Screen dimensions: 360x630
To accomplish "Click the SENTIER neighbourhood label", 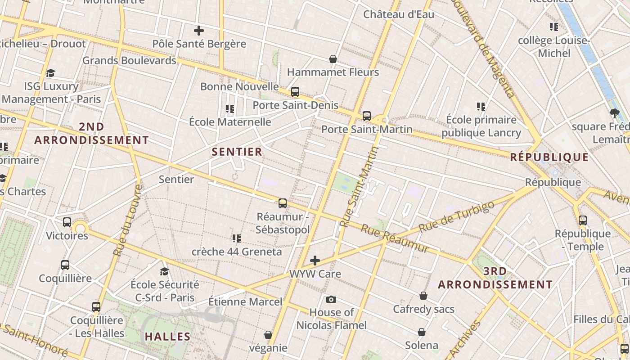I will coord(237,152).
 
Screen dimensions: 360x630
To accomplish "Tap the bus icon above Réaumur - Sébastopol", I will coord(283,203).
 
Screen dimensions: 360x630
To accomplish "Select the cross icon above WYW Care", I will coord(315,260).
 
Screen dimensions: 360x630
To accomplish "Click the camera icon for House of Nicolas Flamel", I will coord(331,299).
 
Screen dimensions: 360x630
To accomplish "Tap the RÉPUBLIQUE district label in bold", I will coord(549,157).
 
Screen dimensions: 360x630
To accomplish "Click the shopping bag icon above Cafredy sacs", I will coord(423,296).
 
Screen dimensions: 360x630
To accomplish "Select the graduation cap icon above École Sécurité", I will coord(165,271).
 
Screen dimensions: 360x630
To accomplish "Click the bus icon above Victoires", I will coord(67,222).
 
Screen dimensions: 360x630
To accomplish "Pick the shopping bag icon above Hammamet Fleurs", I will coord(333,59).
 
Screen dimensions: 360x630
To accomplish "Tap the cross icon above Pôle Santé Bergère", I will coord(199,31).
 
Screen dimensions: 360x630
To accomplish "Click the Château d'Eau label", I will coord(399,14).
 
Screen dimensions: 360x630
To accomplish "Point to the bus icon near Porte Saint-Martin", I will coord(367,116).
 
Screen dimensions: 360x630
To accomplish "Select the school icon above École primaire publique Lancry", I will coord(481,107).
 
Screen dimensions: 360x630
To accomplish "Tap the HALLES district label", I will coord(168,337).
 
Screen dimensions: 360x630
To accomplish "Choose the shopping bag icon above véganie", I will coord(268,335).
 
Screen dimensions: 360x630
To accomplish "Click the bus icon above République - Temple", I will coord(583,220).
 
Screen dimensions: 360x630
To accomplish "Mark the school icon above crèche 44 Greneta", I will coord(237,238).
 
